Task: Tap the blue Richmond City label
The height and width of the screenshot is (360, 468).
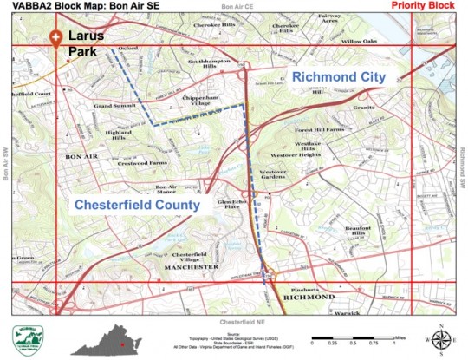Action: coord(337,77)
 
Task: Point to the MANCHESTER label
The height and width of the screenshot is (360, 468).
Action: coord(186,266)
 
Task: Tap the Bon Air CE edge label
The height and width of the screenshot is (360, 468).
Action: coord(239,8)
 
